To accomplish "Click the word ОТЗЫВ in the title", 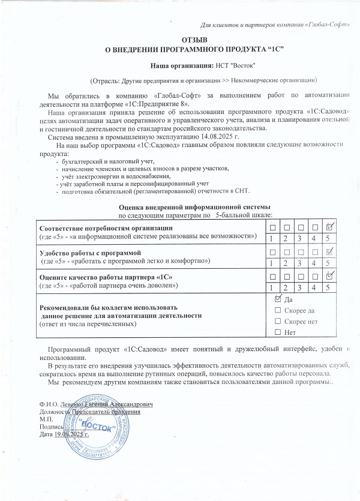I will coord(180,38).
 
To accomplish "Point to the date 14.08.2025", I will coord(185,137).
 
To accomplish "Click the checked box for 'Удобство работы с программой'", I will coord(329,253).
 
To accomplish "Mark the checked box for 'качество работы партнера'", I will coord(329,276).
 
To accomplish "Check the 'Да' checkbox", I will coord(277,299).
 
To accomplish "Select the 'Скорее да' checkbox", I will coord(277,310).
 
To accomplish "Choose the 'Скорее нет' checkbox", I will coord(277,321).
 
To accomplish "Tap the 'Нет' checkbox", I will coord(277,332).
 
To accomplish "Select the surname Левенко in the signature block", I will coord(76,405).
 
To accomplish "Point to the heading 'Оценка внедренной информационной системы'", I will coord(196,207).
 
